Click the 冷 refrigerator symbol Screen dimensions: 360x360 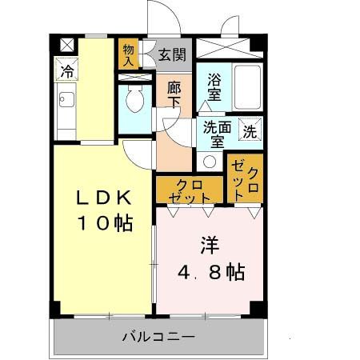click(x=67, y=70)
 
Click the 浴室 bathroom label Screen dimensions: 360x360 click(x=214, y=86)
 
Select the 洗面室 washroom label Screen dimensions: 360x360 click(x=213, y=134)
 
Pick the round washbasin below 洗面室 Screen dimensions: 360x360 click(x=210, y=160)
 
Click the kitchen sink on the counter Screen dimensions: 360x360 click(x=66, y=102)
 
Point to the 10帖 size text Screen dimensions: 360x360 click(x=104, y=223)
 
